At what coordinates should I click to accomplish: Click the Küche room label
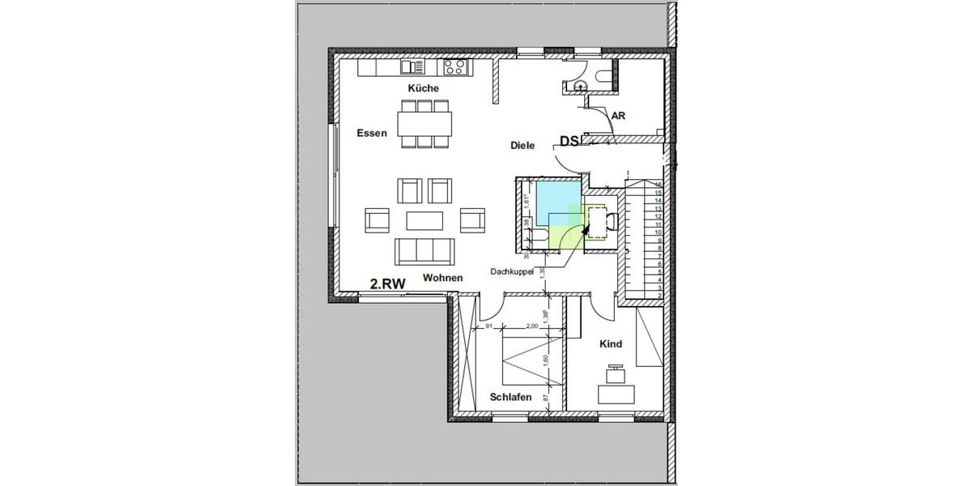(x=423, y=87)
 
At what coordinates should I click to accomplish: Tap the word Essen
(x=372, y=132)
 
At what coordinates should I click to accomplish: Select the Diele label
(x=522, y=145)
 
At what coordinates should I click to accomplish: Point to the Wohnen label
(x=442, y=278)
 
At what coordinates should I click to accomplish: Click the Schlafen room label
(x=510, y=397)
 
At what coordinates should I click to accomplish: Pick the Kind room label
(x=611, y=344)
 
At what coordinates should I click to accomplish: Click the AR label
(x=618, y=116)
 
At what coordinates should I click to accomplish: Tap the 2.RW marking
(x=387, y=283)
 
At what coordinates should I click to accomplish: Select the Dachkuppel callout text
(x=512, y=272)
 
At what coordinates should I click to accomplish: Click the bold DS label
(x=569, y=141)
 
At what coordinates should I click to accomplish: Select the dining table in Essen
(x=425, y=123)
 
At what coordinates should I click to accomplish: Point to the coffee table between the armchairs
(x=425, y=220)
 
